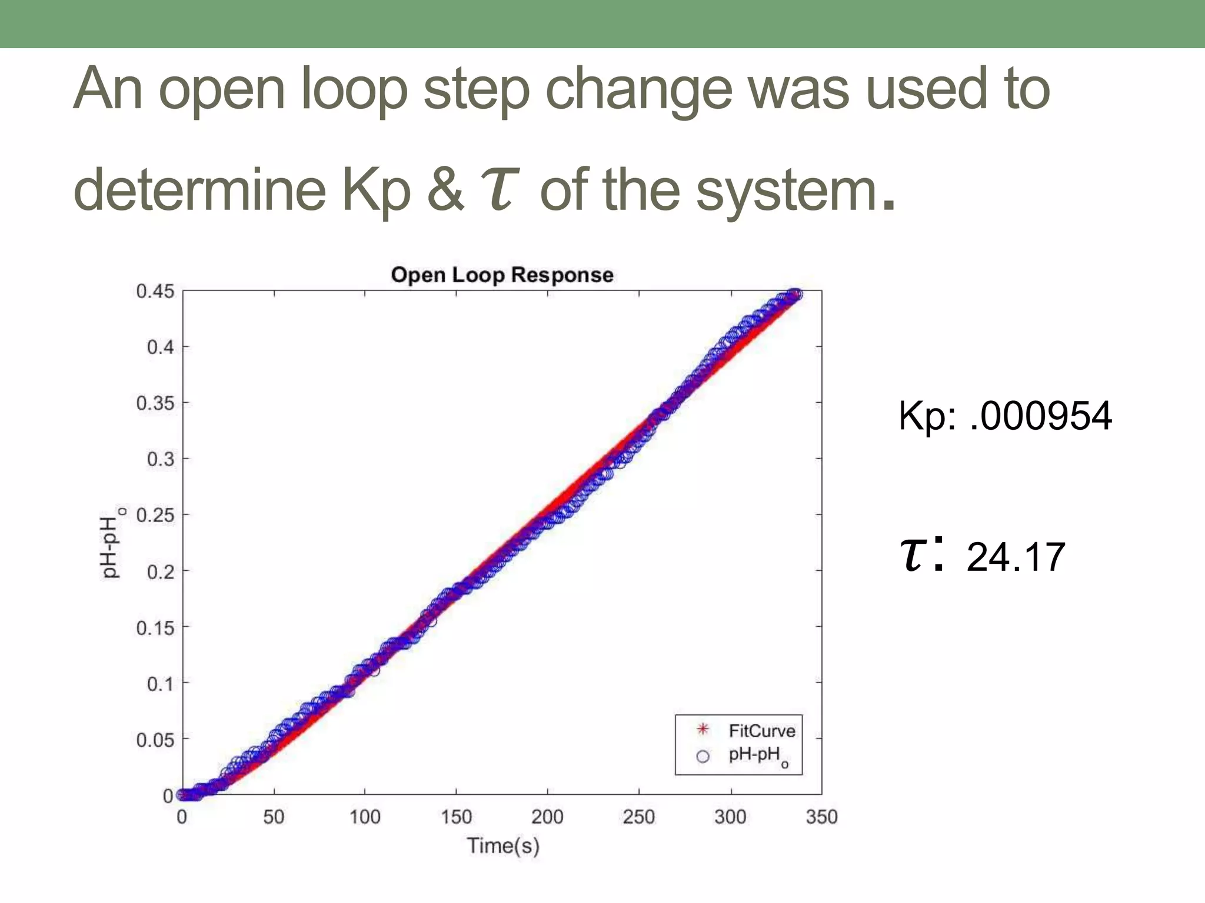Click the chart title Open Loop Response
coord(502,275)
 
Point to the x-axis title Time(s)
coord(503,846)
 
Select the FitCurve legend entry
coord(761,731)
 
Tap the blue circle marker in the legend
coord(703,757)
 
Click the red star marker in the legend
coord(703,730)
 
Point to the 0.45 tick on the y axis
coord(155,292)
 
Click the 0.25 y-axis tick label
coord(155,516)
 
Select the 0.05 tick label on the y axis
coord(155,740)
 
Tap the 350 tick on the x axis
coord(821,817)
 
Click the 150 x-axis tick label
coord(456,817)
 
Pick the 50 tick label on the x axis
coord(274,817)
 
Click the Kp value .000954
coord(1040,416)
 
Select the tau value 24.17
coord(1016,557)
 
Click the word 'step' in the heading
coord(477,89)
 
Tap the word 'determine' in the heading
coord(199,190)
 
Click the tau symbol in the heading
coord(500,189)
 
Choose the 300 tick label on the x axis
coord(730,817)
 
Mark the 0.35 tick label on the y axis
coord(155,403)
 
